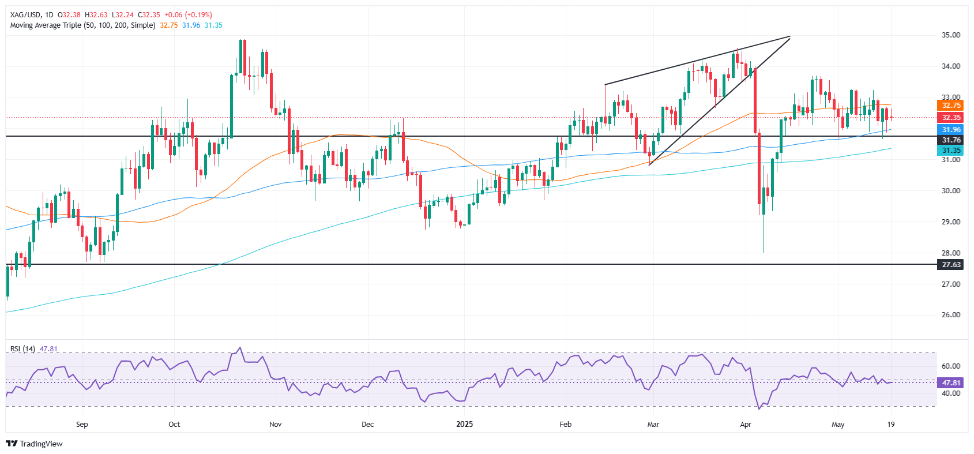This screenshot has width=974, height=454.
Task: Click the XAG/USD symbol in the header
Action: pos(26,15)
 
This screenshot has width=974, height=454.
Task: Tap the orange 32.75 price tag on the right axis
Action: pos(951,106)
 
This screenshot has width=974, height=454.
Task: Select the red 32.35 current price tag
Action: pos(951,118)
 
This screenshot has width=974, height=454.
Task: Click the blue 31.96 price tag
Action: pos(951,130)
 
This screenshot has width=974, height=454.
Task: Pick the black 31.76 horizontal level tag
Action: pos(951,140)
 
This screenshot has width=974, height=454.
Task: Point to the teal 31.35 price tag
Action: pos(951,151)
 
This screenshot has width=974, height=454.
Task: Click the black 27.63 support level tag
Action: pos(951,265)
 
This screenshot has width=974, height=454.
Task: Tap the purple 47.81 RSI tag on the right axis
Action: pos(951,383)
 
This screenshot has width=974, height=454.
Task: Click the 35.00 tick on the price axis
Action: pos(951,35)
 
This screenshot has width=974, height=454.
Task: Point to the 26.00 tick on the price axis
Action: pos(951,315)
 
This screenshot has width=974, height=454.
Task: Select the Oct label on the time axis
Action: pos(174,425)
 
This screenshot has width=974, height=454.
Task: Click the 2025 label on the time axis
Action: pos(464,425)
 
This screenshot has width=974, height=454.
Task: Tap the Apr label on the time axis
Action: pos(746,425)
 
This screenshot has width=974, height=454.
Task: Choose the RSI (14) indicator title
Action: pos(22,349)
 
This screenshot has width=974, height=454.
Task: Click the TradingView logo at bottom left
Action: pos(34,444)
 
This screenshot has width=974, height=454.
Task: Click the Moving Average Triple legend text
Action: pos(82,25)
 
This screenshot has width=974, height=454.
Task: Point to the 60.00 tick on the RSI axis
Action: pos(951,366)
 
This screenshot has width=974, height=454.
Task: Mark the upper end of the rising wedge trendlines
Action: pos(789,37)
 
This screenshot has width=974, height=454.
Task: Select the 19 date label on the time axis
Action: pos(891,425)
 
